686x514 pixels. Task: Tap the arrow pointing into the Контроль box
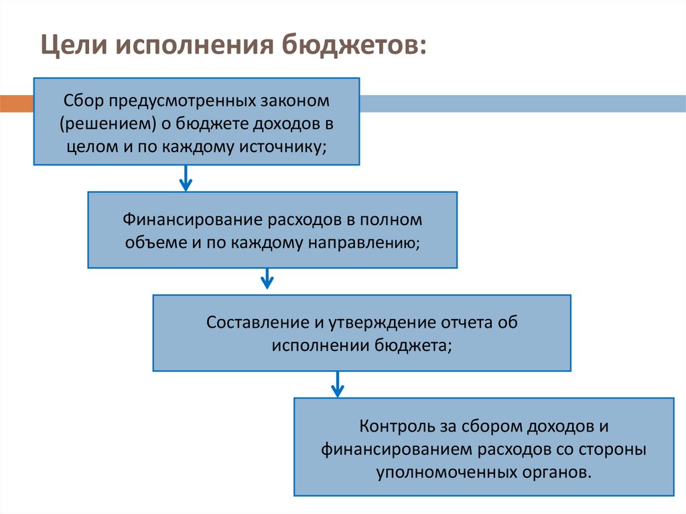(x=338, y=384)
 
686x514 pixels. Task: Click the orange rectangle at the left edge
(x=16, y=104)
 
